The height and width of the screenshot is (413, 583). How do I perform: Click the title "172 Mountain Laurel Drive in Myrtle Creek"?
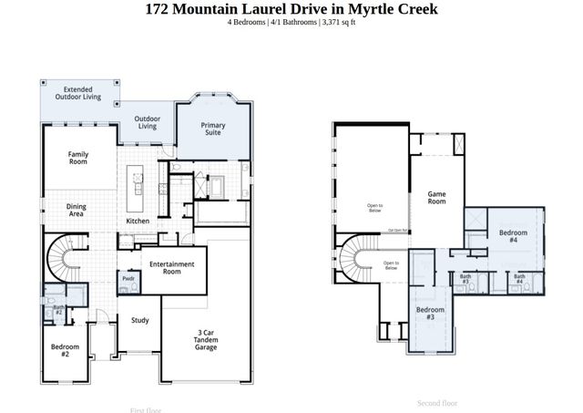click(x=291, y=9)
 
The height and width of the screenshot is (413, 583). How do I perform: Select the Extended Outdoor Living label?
click(x=77, y=93)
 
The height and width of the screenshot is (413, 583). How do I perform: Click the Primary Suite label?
click(x=213, y=129)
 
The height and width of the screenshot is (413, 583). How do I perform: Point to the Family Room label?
click(x=78, y=158)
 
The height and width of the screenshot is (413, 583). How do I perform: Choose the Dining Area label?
click(x=77, y=211)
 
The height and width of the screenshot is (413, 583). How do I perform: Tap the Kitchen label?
click(x=138, y=222)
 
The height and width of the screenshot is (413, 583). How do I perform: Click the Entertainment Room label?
click(x=172, y=268)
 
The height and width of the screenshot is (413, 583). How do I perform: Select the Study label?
click(x=139, y=320)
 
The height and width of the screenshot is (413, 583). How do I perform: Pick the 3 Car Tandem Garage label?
click(x=206, y=339)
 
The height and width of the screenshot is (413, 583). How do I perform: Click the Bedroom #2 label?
click(x=66, y=350)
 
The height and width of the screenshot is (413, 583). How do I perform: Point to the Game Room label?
click(x=437, y=198)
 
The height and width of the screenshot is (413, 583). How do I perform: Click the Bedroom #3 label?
click(x=430, y=315)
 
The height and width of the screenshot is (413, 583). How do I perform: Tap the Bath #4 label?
click(x=519, y=279)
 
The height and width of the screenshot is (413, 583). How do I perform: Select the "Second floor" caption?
click(x=437, y=402)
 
